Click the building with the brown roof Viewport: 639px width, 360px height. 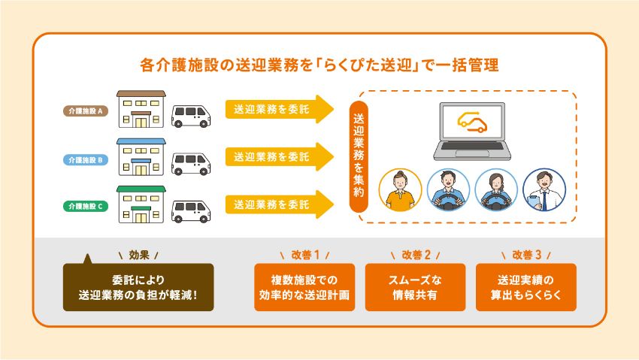(x=141, y=111)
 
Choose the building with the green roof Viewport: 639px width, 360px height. (x=141, y=204)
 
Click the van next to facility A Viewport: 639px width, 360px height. (x=192, y=115)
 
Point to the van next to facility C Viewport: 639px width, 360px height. (x=192, y=209)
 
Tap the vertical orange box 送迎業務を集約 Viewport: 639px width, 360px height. (x=358, y=155)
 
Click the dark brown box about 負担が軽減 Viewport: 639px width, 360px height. (x=138, y=287)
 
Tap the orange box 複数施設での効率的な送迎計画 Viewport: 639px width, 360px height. (x=304, y=287)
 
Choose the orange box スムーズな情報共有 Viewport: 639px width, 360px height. (x=415, y=287)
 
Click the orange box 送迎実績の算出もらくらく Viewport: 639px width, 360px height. (x=526, y=287)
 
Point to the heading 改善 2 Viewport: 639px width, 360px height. (x=416, y=254)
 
